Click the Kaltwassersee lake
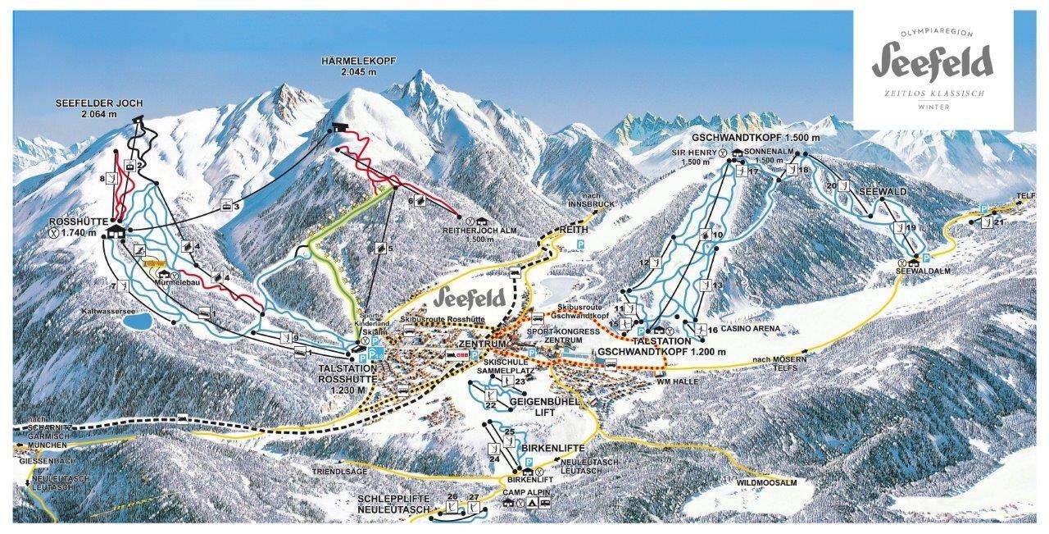click(135, 321)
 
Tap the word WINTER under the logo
click(933, 107)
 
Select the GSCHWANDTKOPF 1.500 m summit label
click(755, 138)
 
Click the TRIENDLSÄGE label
click(338, 472)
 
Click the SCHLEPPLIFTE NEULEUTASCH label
click(393, 504)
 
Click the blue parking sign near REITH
click(580, 245)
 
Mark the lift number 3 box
click(236, 207)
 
